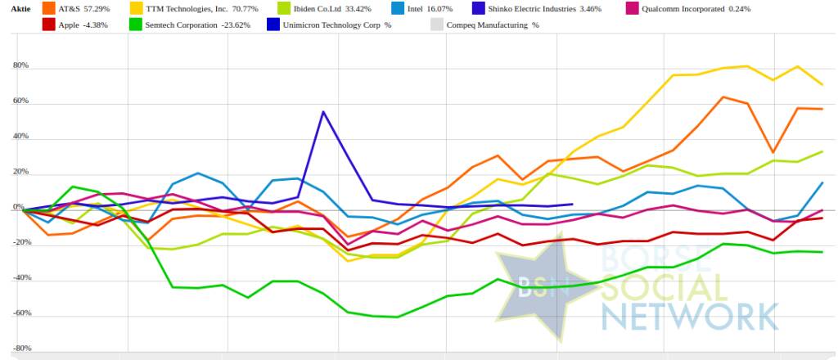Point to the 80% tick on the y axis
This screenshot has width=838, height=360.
click(x=19, y=65)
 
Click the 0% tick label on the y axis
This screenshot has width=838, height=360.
click(x=21, y=209)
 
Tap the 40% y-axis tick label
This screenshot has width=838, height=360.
click(x=19, y=137)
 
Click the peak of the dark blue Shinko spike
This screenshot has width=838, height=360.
click(x=323, y=112)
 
